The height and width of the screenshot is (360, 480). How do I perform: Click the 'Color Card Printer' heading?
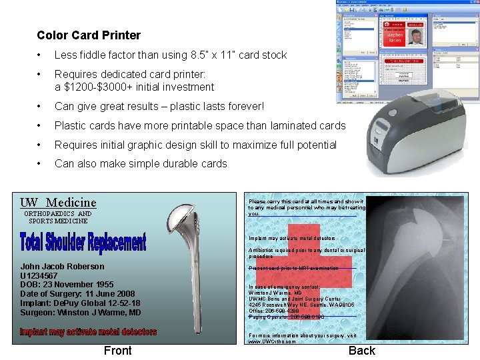89,35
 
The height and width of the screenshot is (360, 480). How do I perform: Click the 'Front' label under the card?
118,351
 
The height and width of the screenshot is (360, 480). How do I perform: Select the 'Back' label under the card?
362,351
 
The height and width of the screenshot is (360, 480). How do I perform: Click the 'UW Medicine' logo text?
58,202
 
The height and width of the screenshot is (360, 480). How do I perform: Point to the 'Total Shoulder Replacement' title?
83,242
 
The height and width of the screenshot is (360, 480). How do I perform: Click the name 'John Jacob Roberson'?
63,267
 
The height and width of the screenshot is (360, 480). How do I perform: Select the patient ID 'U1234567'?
39,276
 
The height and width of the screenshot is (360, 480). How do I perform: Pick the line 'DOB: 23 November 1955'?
67,285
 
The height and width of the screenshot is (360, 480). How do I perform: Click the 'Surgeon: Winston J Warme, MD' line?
81,312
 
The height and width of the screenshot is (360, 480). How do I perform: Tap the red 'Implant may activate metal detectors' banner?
88,331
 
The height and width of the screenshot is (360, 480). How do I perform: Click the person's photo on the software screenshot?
416,36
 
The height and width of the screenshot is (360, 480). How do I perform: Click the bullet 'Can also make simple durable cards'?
141,163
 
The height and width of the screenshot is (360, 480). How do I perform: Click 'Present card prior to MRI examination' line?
293,268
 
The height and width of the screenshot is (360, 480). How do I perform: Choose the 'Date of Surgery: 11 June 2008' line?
77,294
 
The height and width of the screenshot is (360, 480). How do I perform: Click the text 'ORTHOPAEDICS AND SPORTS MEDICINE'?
58,217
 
